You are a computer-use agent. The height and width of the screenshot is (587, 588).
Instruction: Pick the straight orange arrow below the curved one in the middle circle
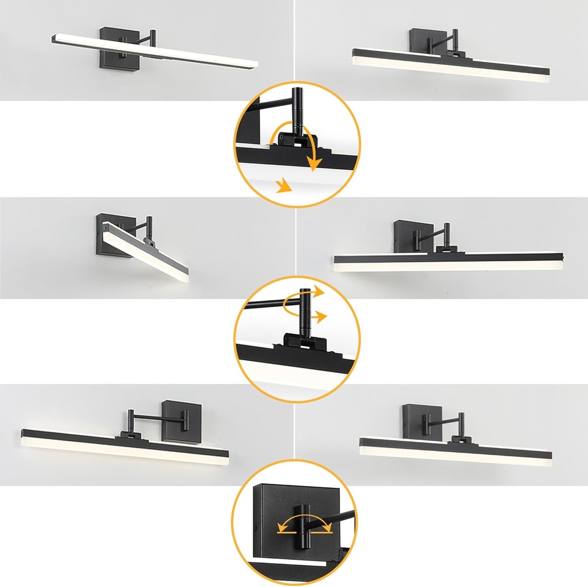coord(319,316)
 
